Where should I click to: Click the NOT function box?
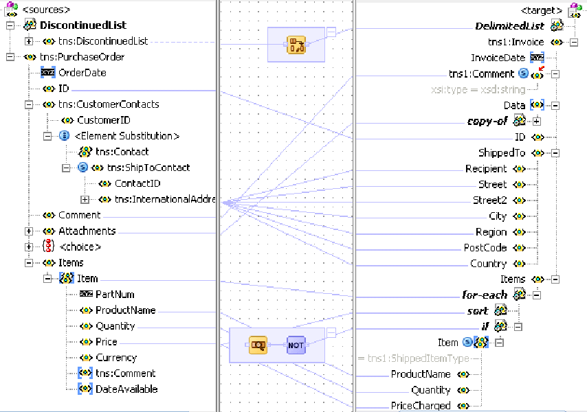pyautogui.click(x=296, y=345)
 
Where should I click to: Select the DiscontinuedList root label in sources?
pyautogui.click(x=83, y=25)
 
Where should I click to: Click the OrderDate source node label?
pyautogui.click(x=82, y=73)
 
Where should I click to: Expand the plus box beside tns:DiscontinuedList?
pyautogui.click(x=29, y=41)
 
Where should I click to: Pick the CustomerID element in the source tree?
pyautogui.click(x=104, y=120)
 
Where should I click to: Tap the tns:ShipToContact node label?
pyautogui.click(x=148, y=168)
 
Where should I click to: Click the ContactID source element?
pyautogui.click(x=137, y=183)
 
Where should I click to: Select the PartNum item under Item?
pyautogui.click(x=115, y=294)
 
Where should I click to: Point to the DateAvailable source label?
pyautogui.click(x=126, y=389)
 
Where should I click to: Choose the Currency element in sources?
pyautogui.click(x=116, y=358)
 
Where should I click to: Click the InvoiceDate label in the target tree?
pyautogui.click(x=498, y=58)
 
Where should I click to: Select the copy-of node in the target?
pyautogui.click(x=487, y=121)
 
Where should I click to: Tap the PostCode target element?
pyautogui.click(x=485, y=247)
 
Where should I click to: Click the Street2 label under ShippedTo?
pyautogui.click(x=489, y=200)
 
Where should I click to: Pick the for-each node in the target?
pyautogui.click(x=485, y=295)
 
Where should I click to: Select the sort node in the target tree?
pyautogui.click(x=478, y=310)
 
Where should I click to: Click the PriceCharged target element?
pyautogui.click(x=421, y=406)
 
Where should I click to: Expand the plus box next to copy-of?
pyautogui.click(x=536, y=121)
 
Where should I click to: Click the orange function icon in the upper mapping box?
pyautogui.click(x=296, y=45)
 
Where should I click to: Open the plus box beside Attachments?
pyautogui.click(x=29, y=231)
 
